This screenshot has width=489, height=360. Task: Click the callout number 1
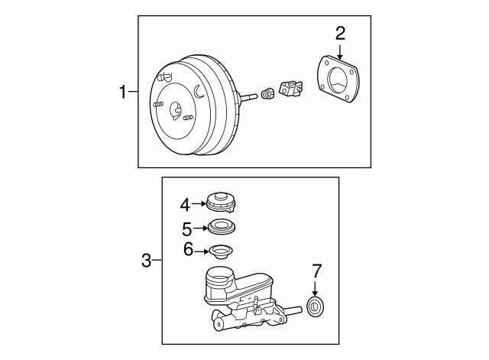click(124, 92)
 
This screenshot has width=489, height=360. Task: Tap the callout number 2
click(340, 34)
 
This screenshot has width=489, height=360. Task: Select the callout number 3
click(146, 260)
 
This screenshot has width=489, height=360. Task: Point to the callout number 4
click(185, 205)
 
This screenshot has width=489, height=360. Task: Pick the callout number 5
click(186, 229)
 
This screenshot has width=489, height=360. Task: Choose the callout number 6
click(189, 249)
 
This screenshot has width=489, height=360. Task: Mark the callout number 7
click(316, 271)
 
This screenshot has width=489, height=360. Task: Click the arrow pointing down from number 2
click(340, 52)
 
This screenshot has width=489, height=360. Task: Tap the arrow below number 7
click(315, 288)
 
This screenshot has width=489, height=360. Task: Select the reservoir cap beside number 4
click(221, 202)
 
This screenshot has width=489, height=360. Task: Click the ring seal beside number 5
click(222, 226)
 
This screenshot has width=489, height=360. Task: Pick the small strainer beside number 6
click(221, 251)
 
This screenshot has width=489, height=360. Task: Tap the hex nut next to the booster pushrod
click(267, 94)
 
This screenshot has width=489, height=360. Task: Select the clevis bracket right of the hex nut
click(290, 89)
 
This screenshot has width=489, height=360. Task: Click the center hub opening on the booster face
click(176, 111)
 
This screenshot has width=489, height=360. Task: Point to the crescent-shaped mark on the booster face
click(199, 91)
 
